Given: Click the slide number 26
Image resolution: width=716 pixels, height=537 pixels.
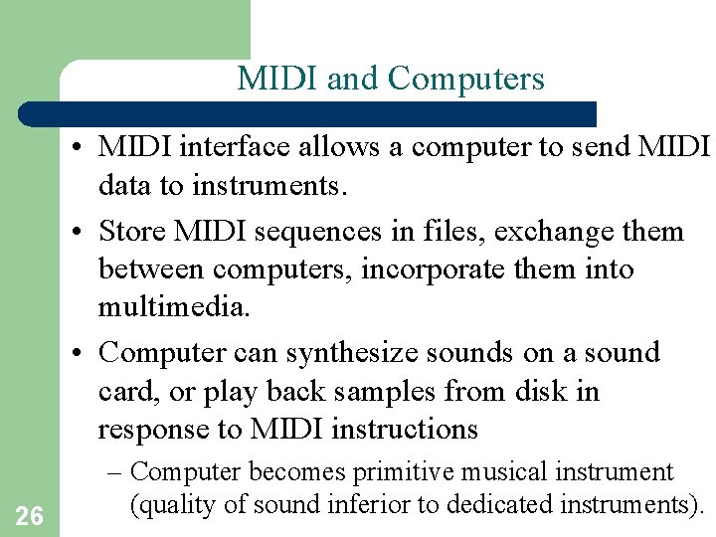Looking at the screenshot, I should [30, 515].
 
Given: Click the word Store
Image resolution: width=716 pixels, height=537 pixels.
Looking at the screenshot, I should [137, 232].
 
